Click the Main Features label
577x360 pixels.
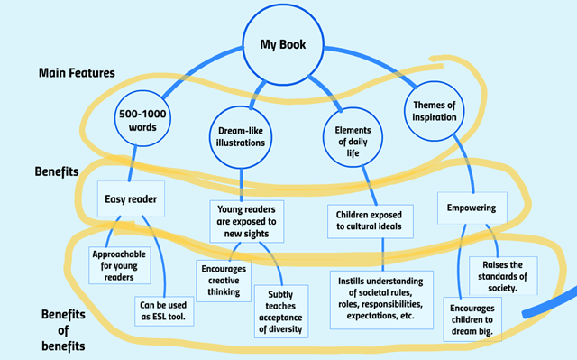(77, 72)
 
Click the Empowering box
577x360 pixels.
(472, 207)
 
